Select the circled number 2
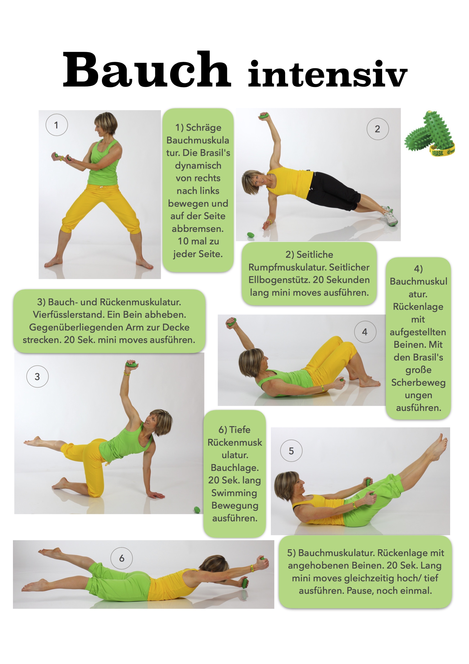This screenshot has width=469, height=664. [x=378, y=129]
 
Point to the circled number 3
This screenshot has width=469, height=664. [x=37, y=377]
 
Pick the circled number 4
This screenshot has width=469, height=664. [x=365, y=332]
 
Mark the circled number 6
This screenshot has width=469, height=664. [x=122, y=558]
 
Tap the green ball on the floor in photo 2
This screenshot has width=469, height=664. [x=251, y=235]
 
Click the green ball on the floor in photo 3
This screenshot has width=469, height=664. [x=197, y=510]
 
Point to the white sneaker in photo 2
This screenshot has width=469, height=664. [x=390, y=216]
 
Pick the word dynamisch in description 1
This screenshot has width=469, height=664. [x=198, y=166]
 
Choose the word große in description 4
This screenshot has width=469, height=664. [x=418, y=370]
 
